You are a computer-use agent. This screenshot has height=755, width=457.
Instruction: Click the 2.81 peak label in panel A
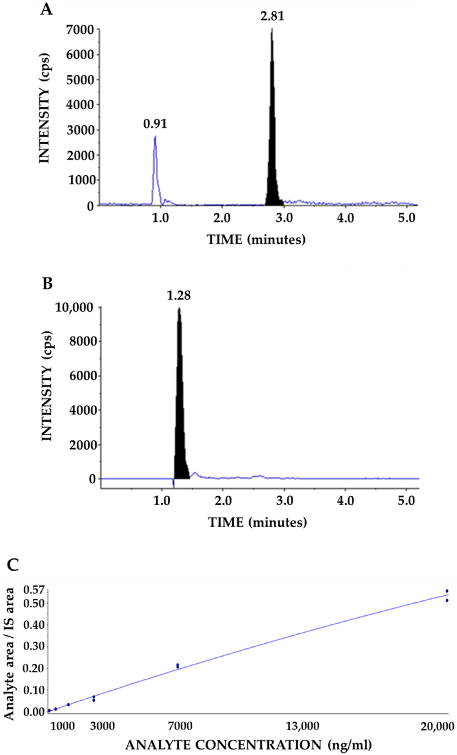272,16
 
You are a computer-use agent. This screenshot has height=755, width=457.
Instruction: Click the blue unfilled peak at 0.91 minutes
155,165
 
